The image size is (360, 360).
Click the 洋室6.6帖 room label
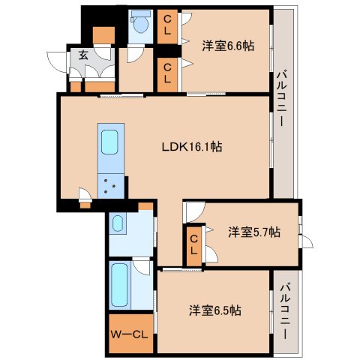pos(227,45)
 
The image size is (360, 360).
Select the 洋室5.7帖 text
pos(254,232)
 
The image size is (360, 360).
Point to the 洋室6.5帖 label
pos(214,310)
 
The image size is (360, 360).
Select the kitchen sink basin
pos(109,140)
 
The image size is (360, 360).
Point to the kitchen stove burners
pos(111,185)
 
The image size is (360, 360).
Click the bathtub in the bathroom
pos(119,285)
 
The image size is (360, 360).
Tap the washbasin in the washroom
pos(118,223)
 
